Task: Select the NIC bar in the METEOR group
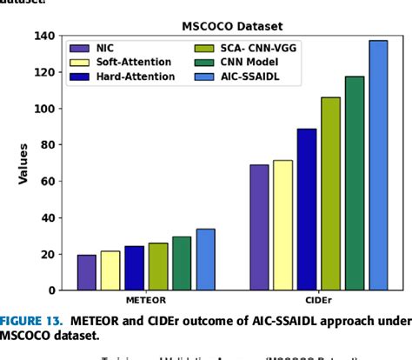click(x=87, y=272)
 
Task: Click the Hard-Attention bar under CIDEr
click(x=307, y=209)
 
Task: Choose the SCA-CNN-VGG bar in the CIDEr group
click(x=331, y=193)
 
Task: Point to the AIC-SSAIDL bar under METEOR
click(x=206, y=259)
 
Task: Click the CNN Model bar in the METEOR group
click(x=182, y=263)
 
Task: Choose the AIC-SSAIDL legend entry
click(x=261, y=77)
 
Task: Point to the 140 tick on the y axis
click(x=43, y=36)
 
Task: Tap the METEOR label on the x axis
click(x=146, y=300)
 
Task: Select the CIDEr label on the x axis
click(x=319, y=300)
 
